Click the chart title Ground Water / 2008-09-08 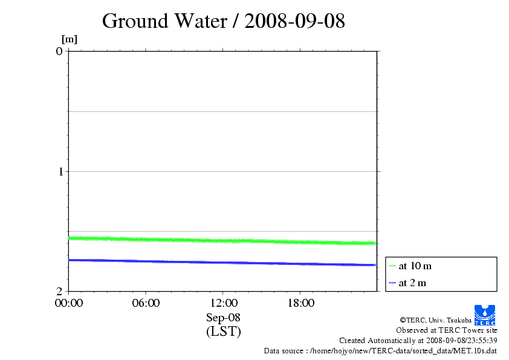[x=223, y=21]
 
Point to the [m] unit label [x=70, y=40]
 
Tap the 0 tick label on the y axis [x=59, y=51]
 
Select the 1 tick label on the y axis [x=59, y=171]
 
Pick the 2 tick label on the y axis [x=59, y=291]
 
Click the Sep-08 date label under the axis [x=223, y=317]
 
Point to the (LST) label [x=223, y=332]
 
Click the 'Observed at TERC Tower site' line [x=447, y=330]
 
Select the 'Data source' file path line [x=380, y=351]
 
